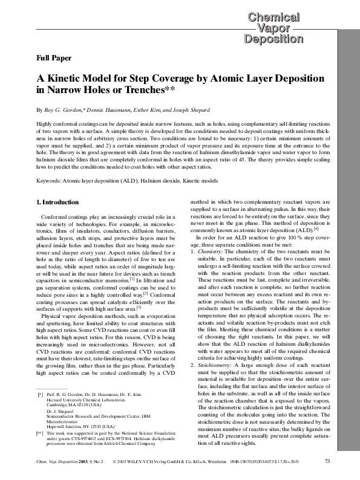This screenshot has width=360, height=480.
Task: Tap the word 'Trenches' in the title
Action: [x=140, y=91]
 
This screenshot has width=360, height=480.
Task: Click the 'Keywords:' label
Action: [x=36, y=181]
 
